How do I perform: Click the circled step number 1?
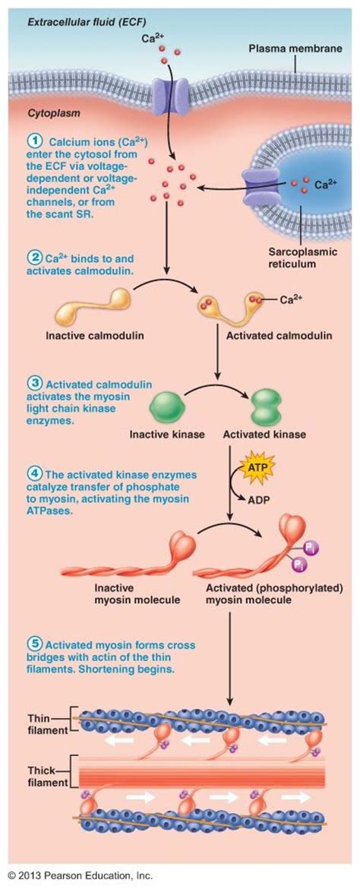[x=35, y=141]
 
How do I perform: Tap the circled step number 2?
[x=35, y=256]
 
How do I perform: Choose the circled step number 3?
[x=35, y=383]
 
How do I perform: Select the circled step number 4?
[x=35, y=475]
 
